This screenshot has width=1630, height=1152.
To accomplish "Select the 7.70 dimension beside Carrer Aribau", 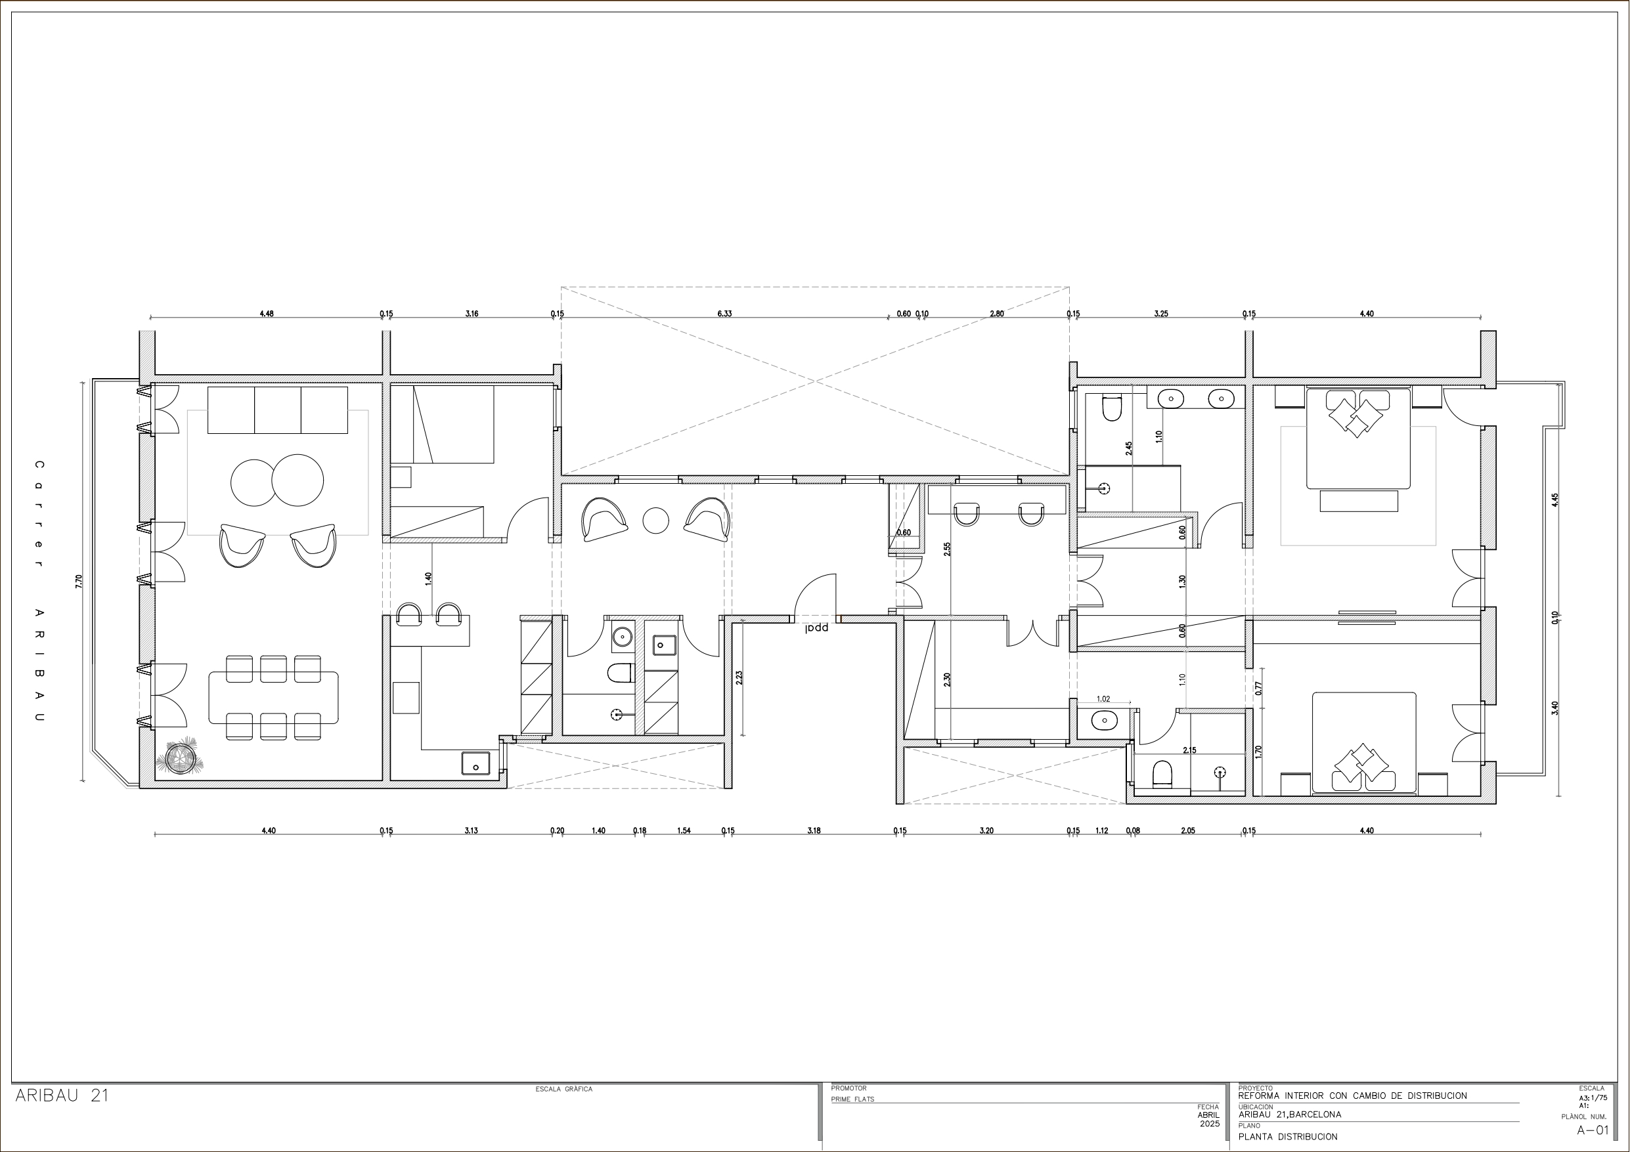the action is point(79,582).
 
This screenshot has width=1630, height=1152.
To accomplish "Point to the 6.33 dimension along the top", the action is point(724,314).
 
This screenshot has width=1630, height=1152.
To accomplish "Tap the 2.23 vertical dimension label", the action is point(739,677).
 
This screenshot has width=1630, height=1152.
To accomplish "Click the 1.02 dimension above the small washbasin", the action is point(1103,699).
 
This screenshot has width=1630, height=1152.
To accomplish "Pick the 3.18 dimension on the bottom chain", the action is point(814,830).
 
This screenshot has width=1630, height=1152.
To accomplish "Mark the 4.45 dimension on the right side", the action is point(1554,500).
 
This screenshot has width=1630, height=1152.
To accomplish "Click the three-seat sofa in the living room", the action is point(278,410).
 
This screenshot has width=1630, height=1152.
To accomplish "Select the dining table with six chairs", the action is point(273,698).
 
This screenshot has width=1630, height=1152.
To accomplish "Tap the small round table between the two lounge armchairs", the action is point(656,521).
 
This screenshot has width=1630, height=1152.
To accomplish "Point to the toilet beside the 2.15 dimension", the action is point(1162,774).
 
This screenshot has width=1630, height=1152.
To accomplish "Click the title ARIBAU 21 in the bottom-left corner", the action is point(62,1095).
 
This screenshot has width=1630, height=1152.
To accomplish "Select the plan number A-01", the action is point(1593,1130).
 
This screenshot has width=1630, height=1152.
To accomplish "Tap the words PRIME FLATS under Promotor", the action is point(852,1099).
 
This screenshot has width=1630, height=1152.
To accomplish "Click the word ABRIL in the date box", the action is point(1208,1115).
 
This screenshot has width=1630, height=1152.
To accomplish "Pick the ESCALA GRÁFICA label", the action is point(563,1089).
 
